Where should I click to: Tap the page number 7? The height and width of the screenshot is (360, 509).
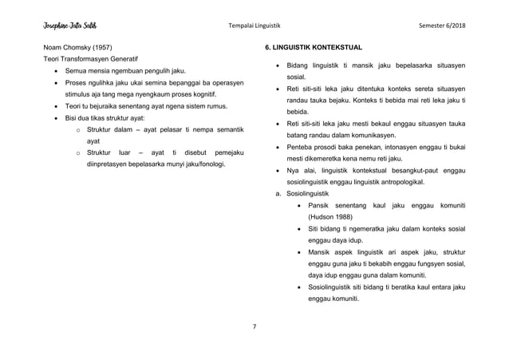(x=254, y=326)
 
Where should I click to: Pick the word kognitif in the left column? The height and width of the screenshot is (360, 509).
(x=199, y=93)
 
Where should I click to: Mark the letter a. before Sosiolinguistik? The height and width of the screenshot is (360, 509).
(x=277, y=192)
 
